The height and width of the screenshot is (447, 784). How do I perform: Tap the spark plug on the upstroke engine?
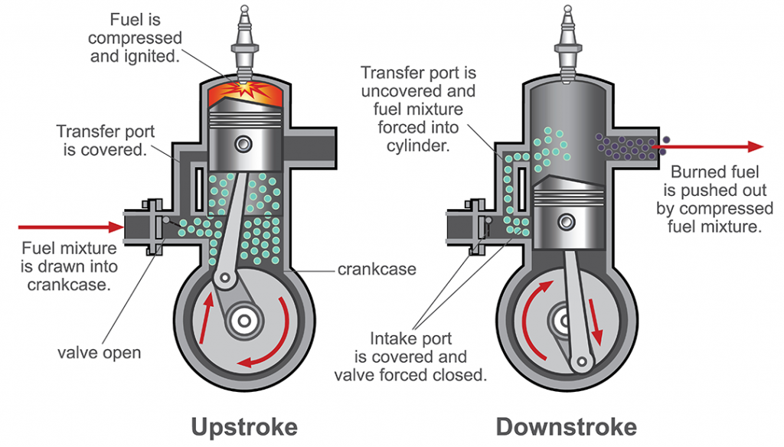[x=246, y=42]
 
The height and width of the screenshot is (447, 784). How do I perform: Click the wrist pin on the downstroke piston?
[x=567, y=222]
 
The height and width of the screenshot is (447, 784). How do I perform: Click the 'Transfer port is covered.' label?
[x=104, y=140]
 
